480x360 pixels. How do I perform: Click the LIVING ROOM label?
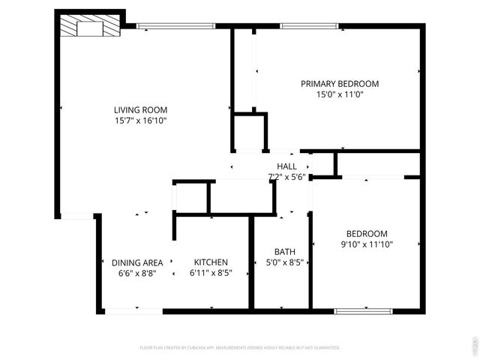point(140,109)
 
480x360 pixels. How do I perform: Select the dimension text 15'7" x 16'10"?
point(140,120)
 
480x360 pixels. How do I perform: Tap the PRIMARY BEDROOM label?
point(340,84)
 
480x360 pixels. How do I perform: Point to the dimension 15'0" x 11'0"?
point(340,94)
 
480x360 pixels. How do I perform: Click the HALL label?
point(286,166)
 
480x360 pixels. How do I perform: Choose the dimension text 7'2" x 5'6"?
point(286,177)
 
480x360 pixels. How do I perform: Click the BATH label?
point(284,252)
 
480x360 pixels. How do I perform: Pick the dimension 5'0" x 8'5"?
point(284,262)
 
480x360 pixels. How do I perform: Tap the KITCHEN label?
point(211,262)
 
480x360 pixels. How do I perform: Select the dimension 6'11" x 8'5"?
point(211,273)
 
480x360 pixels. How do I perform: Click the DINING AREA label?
point(137,262)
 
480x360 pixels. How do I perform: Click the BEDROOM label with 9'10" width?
point(366,233)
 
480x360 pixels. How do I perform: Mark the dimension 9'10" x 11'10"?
point(366,244)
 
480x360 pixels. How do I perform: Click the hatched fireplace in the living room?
point(90,28)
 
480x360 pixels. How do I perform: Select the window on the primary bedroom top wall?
point(309,26)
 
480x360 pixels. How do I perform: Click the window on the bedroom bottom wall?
point(363,310)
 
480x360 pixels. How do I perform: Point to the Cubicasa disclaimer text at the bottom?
point(240,348)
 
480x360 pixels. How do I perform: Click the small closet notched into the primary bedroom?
point(250,133)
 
